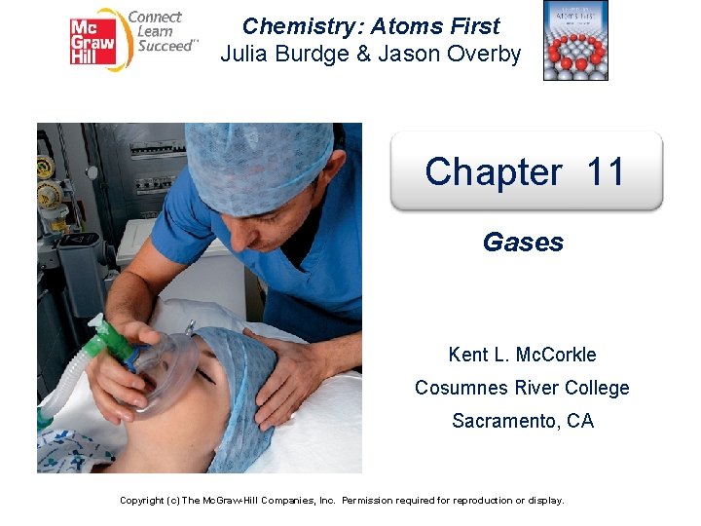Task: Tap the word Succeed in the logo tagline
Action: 163,46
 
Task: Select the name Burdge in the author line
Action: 318,54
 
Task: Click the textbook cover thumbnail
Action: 574,41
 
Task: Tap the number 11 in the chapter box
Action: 606,172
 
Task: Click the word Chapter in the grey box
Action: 493,172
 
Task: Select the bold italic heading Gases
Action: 523,243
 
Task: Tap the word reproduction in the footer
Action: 487,500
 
